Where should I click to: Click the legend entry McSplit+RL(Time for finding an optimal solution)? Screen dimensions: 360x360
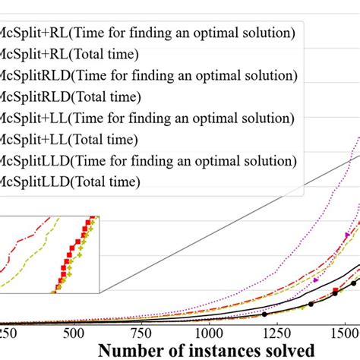(x=148, y=33)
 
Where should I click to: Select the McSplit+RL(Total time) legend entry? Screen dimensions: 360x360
(x=69, y=54)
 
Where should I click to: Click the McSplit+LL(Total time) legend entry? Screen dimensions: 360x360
(x=68, y=139)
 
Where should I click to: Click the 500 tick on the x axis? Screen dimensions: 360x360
(x=75, y=333)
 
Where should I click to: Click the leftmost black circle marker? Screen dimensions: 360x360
(x=264, y=314)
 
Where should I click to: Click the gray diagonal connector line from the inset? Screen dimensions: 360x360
(x=228, y=224)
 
